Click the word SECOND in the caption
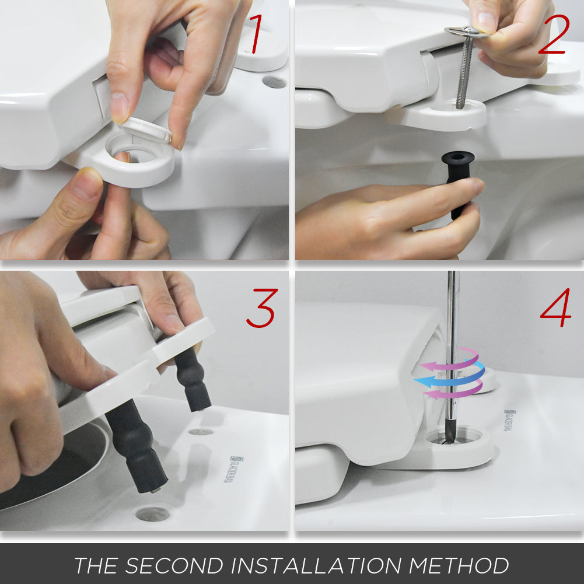pos(174,565)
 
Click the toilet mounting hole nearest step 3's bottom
pos(153,513)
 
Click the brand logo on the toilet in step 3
pos(236,470)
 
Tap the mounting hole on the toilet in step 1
pos(274,81)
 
